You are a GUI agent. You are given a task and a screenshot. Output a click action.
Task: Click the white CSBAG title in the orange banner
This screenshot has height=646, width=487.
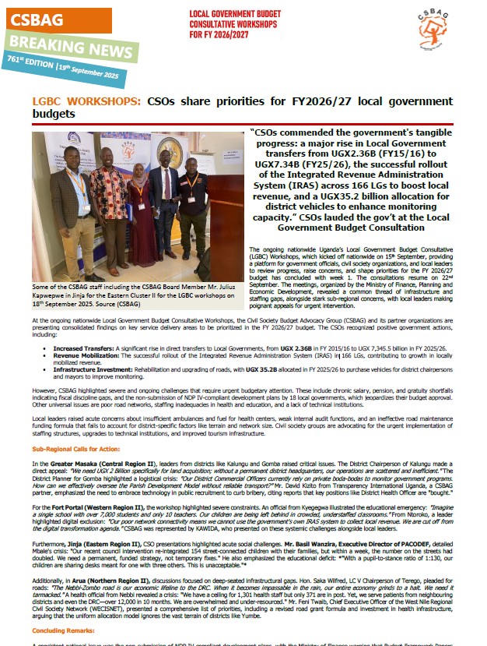pos(37,19)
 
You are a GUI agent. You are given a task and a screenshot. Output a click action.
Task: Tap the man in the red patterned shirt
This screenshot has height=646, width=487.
pos(110,207)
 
